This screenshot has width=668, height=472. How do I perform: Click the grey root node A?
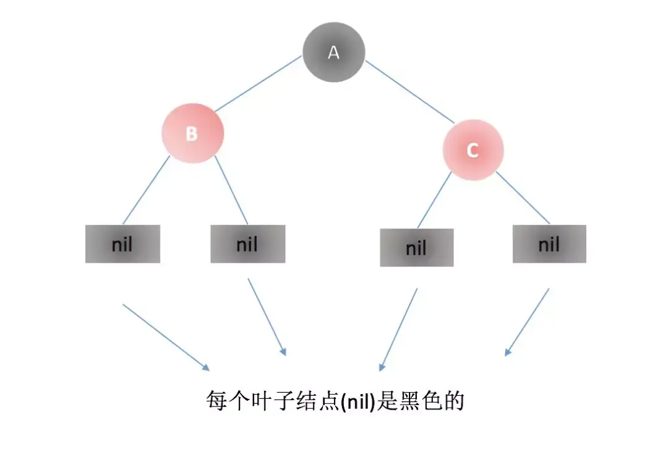[x=333, y=52]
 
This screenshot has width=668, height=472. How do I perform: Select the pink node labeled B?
[x=192, y=133]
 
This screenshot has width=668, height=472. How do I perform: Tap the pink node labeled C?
[x=473, y=151]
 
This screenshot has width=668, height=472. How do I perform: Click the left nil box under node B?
[x=122, y=244]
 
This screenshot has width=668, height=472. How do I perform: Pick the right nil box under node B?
[x=247, y=244]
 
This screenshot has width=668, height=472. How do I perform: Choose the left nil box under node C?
[x=416, y=248]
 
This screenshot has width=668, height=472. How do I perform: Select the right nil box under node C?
[x=549, y=244]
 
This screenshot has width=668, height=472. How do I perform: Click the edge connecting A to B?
[x=257, y=84]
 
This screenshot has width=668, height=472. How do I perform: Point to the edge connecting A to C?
[x=409, y=91]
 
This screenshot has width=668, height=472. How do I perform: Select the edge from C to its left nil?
[x=434, y=199]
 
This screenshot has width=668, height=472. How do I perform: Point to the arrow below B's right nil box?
[x=267, y=317]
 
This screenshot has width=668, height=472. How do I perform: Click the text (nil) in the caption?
[x=359, y=401]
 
